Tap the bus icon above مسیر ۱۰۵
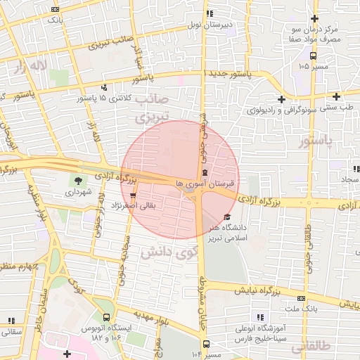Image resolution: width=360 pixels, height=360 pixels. (312, 56)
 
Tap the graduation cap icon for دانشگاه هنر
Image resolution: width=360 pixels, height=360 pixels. (226, 217)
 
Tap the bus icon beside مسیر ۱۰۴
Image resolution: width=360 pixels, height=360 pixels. (206, 344)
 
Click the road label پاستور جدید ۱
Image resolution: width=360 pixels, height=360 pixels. (228, 73)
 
